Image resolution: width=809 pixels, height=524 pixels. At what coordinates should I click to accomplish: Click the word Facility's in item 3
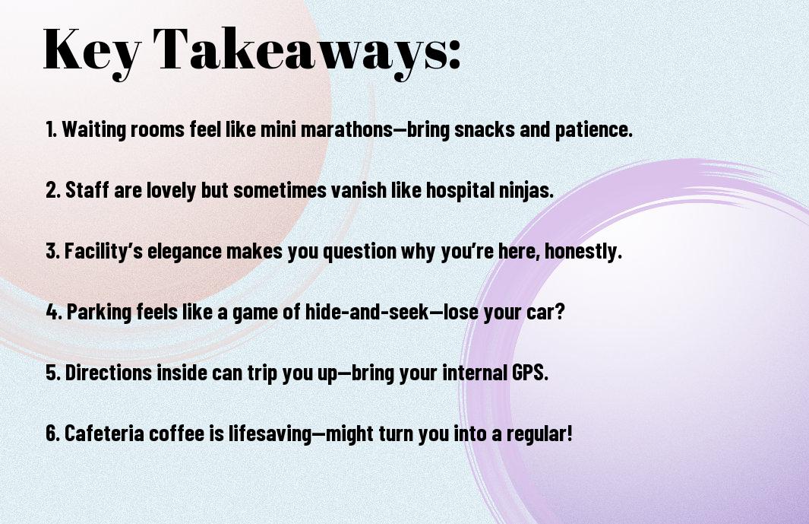click(103, 251)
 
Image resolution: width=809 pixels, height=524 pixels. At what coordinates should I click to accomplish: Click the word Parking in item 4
click(99, 312)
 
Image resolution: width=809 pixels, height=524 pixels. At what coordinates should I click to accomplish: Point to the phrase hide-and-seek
click(367, 312)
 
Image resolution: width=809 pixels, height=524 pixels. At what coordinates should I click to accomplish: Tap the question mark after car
click(561, 312)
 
